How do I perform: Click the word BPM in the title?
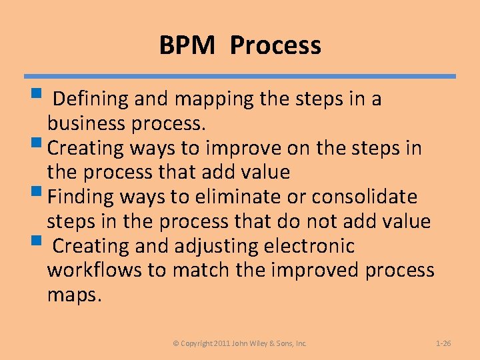(187, 45)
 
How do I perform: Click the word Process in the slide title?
(276, 45)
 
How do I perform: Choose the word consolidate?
(365, 197)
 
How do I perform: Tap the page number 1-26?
(443, 343)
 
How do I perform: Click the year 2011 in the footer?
(222, 343)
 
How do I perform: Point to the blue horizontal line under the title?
(240, 77)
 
